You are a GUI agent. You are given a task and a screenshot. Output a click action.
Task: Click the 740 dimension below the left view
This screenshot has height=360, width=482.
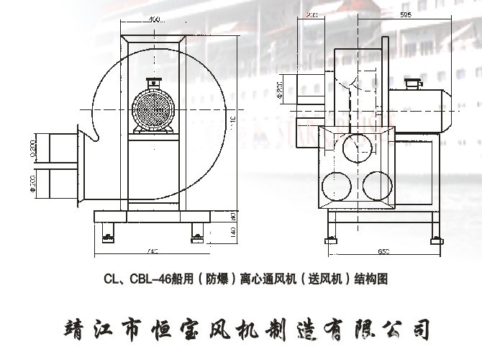(152, 251)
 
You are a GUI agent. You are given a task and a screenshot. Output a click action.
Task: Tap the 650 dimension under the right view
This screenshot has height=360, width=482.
(383, 251)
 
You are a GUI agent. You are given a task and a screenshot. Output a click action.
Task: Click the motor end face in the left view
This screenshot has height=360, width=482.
(153, 109)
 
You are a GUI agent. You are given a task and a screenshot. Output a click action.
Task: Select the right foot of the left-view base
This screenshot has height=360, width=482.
(196, 233)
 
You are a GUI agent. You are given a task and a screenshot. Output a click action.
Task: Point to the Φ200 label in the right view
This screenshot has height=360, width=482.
(280, 91)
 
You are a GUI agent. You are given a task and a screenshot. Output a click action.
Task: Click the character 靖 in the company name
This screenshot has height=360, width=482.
(73, 328)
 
